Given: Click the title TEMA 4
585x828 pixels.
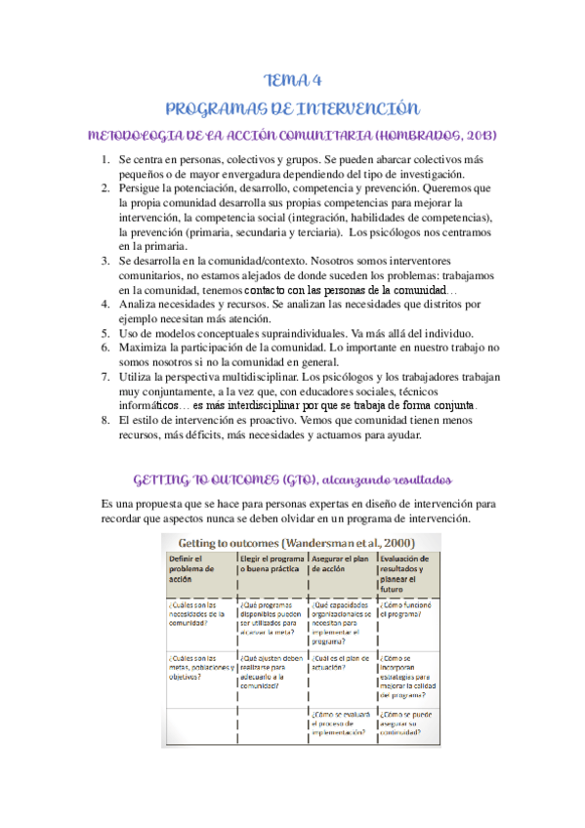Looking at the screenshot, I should [293, 80].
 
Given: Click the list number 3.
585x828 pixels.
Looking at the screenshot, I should [104, 262].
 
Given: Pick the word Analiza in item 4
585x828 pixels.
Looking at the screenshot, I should [140, 305].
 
